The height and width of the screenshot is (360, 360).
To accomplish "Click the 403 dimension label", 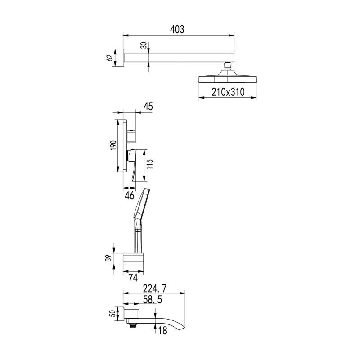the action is (x=177, y=30).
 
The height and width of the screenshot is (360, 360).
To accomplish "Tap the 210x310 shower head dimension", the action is (x=228, y=92).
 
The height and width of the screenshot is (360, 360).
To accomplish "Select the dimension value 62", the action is (x=110, y=58).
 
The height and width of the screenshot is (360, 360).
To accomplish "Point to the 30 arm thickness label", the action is (x=144, y=45).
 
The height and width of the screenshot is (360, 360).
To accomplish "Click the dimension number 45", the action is (x=148, y=107).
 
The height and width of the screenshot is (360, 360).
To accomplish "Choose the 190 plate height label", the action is (x=113, y=145).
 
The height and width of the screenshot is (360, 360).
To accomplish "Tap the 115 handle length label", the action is (x=149, y=164).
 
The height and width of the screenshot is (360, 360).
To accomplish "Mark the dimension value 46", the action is (x=130, y=196).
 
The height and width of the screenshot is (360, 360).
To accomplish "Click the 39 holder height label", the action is (x=110, y=258).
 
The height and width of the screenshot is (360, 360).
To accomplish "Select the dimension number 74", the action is (x=133, y=278).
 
